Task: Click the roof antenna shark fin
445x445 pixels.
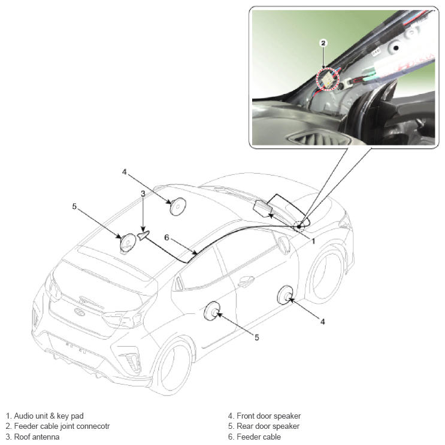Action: (144, 234)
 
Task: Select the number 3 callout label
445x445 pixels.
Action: (143, 193)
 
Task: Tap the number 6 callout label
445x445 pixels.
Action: (167, 238)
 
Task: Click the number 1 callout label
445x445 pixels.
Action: (313, 241)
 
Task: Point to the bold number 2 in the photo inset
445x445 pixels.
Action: (323, 43)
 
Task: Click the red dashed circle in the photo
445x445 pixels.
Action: (328, 79)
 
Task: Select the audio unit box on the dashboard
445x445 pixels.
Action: (263, 208)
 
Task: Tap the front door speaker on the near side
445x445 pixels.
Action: (284, 295)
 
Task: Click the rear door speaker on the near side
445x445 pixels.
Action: (212, 311)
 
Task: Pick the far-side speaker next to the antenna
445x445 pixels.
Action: (128, 243)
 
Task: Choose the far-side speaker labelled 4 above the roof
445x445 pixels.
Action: (178, 206)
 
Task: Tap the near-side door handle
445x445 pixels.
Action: (246, 281)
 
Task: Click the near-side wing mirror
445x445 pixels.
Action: (284, 244)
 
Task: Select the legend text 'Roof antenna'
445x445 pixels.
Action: (37, 437)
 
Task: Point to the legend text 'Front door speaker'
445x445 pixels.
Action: (268, 416)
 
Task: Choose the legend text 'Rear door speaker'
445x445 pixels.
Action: (268, 426)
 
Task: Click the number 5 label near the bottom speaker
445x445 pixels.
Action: (256, 337)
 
